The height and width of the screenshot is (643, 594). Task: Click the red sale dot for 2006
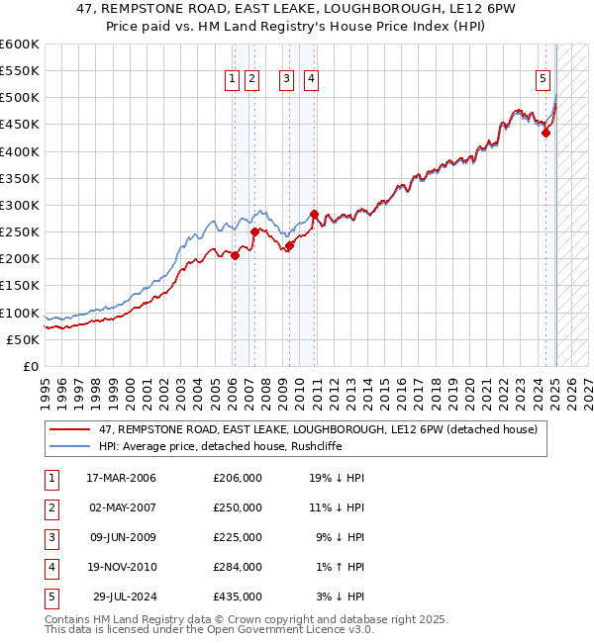click(236, 255)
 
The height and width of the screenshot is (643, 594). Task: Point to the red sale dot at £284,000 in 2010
click(314, 214)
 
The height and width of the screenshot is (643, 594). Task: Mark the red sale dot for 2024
click(545, 134)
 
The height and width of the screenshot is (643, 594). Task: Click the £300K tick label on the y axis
click(20, 205)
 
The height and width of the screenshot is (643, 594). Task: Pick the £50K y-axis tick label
click(24, 339)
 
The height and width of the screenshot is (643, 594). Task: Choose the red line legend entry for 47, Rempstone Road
click(318, 429)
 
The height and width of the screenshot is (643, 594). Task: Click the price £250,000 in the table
click(238, 507)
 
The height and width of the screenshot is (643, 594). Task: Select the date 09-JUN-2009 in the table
click(121, 537)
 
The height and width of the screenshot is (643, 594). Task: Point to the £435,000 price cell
click(238, 597)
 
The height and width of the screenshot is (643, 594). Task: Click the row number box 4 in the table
click(49, 567)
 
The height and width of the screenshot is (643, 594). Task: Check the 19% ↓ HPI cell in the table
click(337, 478)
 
